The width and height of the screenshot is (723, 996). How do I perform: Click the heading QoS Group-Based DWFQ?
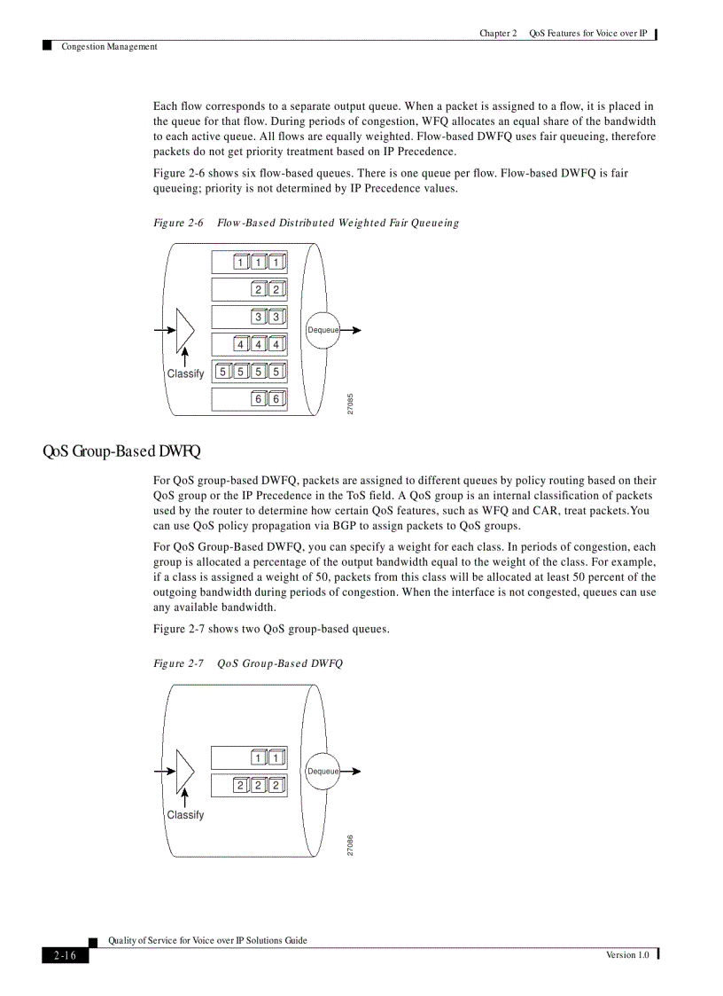click(x=121, y=451)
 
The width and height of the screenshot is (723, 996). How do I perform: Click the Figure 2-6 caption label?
click(x=179, y=223)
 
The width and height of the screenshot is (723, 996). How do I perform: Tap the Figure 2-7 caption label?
click(x=179, y=663)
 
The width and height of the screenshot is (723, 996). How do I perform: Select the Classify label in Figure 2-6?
click(x=185, y=373)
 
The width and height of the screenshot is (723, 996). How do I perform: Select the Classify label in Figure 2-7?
click(x=185, y=814)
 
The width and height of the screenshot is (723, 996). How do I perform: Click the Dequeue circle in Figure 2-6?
click(x=323, y=330)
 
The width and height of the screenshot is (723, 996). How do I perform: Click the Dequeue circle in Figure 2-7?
click(x=323, y=771)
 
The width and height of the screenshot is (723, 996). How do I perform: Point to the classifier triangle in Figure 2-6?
click(x=184, y=330)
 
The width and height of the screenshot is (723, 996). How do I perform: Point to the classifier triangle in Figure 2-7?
click(x=184, y=771)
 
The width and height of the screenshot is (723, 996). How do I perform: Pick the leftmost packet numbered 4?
click(x=240, y=344)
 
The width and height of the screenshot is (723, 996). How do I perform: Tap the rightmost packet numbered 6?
click(x=276, y=399)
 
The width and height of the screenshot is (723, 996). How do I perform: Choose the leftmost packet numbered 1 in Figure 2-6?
click(x=240, y=262)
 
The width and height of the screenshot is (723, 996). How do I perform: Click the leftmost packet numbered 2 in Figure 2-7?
click(x=240, y=785)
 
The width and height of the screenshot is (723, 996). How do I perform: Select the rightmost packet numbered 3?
click(x=276, y=317)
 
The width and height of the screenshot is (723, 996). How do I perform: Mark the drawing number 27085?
click(x=351, y=403)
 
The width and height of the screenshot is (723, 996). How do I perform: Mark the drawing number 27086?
click(x=351, y=844)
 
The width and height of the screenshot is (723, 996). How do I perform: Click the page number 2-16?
click(x=65, y=955)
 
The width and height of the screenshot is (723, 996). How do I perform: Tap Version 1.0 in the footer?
click(x=627, y=954)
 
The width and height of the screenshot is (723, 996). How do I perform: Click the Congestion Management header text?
click(x=109, y=47)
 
